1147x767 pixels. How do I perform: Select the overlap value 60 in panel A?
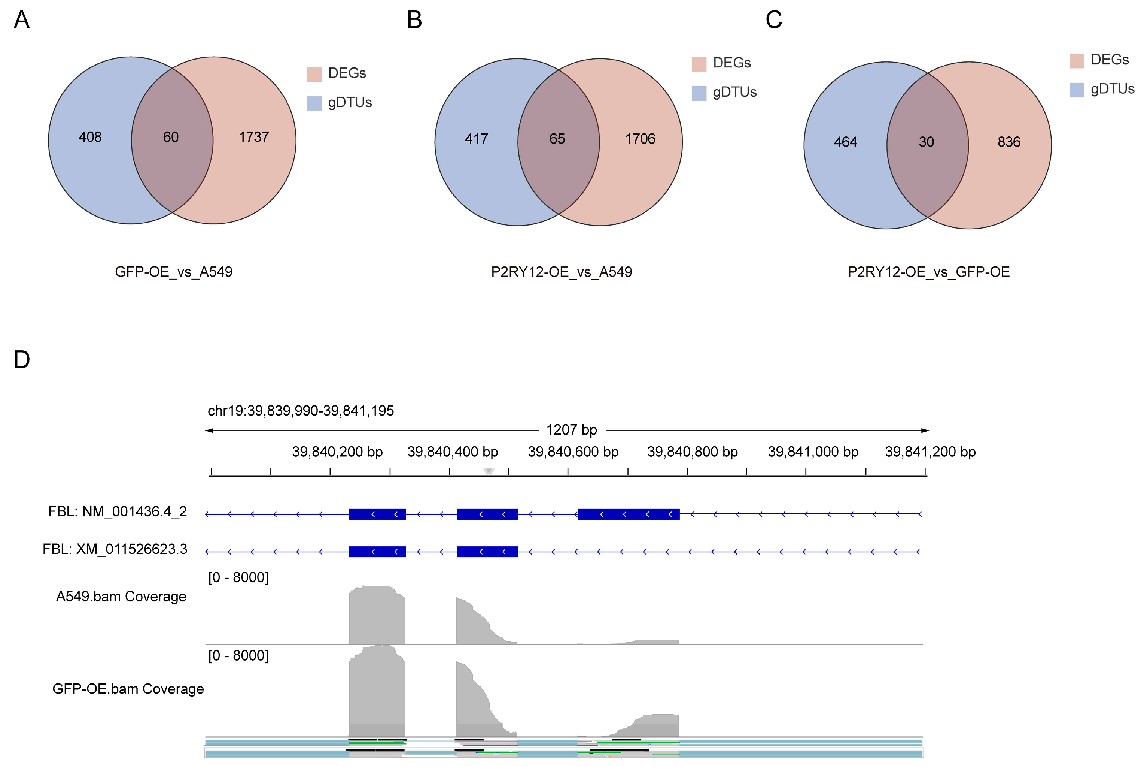[171, 137]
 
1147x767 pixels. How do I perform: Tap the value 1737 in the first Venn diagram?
[254, 137]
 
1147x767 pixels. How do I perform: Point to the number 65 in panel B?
[557, 139]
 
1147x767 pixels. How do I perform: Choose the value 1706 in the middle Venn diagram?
[640, 139]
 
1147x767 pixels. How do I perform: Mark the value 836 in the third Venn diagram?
[1009, 142]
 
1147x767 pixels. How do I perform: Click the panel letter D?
[22, 360]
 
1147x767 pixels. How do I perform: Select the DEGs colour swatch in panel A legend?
[314, 74]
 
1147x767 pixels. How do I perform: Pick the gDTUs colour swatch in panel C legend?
[1077, 90]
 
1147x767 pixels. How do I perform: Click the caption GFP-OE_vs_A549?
[173, 272]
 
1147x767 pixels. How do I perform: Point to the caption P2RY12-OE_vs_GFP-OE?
[928, 272]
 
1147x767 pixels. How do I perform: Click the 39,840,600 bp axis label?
[573, 452]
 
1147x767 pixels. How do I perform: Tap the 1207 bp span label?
[571, 430]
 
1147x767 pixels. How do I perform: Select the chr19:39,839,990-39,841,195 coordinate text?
[301, 411]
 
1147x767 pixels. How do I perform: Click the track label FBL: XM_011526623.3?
[115, 549]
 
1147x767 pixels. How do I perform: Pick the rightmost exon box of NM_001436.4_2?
[629, 514]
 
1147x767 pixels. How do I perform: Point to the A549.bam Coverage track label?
[121, 596]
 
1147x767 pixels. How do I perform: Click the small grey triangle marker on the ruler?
[489, 471]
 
